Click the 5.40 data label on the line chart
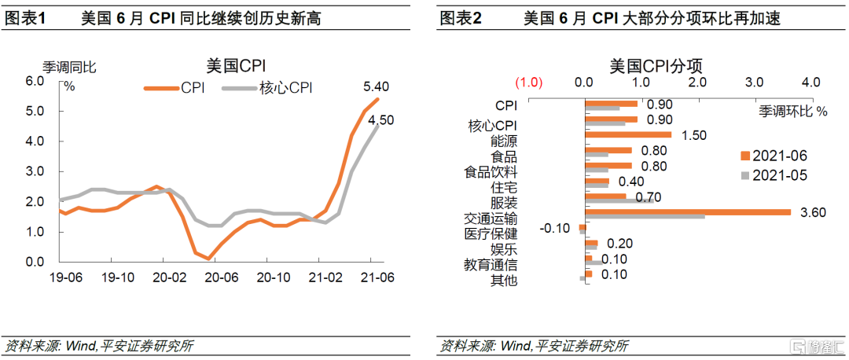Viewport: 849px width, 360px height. point(376,86)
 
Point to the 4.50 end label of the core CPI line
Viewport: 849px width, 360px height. point(381,120)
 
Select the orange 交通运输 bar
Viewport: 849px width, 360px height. point(687,211)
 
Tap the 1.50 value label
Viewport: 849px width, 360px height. point(695,135)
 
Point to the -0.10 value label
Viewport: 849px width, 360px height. point(555,227)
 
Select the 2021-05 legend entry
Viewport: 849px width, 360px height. point(774,174)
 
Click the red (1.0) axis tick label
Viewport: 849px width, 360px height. point(529,83)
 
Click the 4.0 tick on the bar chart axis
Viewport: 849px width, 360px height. point(810,83)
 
